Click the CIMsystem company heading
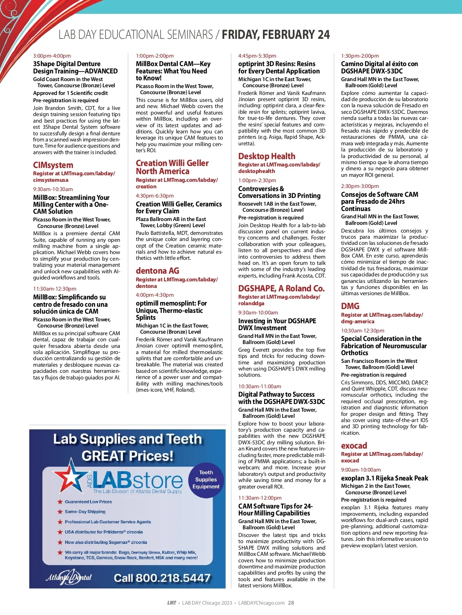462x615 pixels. coord(53,165)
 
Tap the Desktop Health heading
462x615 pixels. coord(267,156)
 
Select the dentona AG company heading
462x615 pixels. coord(157,271)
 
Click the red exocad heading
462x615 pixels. coord(354,446)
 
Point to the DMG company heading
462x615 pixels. coord(350,306)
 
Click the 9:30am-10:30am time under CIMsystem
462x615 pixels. coord(53,189)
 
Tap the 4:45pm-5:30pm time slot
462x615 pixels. coord(257,56)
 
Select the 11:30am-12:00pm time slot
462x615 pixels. coord(259,498)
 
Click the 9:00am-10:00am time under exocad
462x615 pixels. coord(361,470)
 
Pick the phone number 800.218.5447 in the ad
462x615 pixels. coord(162,578)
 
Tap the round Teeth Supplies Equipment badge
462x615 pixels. coord(206,480)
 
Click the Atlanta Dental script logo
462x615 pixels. coord(69,577)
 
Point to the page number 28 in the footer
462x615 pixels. coord(291,603)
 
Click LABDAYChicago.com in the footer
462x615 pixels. coord(261,603)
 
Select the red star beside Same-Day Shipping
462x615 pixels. coord(60,512)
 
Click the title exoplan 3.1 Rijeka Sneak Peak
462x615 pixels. coord(384,478)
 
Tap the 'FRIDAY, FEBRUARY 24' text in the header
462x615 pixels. coord(276,35)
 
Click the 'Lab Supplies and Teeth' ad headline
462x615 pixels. coord(127,439)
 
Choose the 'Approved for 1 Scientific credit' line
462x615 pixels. coord(70,93)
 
